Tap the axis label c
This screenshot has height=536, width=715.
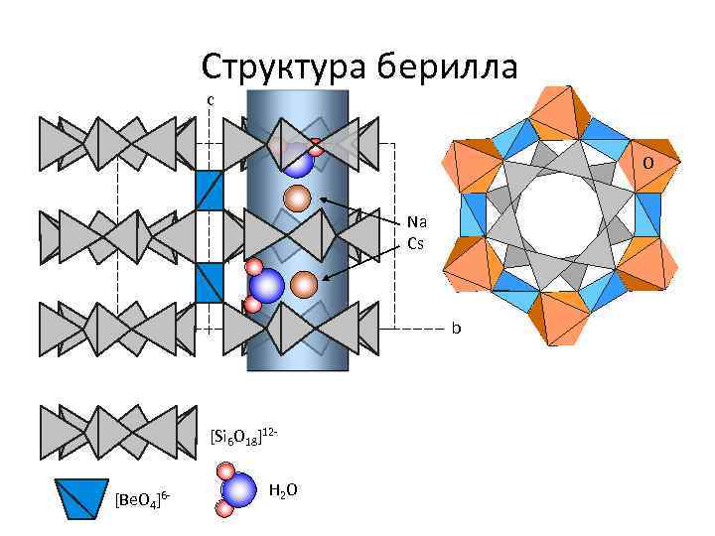coord(210,99)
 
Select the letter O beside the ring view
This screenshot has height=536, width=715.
coord(646,161)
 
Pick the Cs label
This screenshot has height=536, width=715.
coord(416,242)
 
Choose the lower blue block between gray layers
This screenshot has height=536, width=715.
coord(209,283)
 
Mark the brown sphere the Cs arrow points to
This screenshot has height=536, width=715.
coord(305,286)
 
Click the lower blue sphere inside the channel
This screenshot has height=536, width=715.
coord(266,287)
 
